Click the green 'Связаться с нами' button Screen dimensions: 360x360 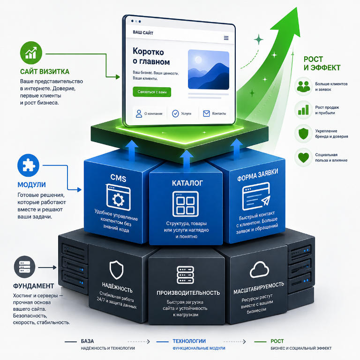[x=152, y=92]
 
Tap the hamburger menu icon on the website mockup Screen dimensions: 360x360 [x=226, y=38]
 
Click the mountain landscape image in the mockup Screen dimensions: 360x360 [x=209, y=69]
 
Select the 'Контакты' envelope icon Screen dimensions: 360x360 [x=206, y=113]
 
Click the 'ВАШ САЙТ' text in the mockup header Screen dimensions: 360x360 [x=143, y=33]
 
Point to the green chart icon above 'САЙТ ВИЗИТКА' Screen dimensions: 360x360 [x=31, y=52]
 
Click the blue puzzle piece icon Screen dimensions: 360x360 [x=29, y=165]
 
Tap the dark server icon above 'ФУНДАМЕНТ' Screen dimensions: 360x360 [x=24, y=267]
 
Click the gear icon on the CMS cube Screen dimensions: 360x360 [x=118, y=199]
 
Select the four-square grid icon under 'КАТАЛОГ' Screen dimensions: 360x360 [x=186, y=204]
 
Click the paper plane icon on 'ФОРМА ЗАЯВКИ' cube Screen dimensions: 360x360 [x=266, y=201]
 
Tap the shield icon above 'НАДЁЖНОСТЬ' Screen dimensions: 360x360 [x=116, y=270]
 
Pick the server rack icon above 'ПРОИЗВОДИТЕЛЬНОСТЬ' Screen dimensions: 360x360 [x=185, y=275]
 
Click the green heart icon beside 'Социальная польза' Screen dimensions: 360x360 [x=303, y=157]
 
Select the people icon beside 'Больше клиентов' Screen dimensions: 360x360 [x=303, y=86]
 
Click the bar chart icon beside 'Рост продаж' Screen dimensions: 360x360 [x=303, y=110]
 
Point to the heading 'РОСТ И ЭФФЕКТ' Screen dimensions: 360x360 [x=322, y=63]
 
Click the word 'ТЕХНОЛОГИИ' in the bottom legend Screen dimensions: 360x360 [x=189, y=341]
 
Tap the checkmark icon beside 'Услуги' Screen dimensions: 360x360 [x=175, y=113]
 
